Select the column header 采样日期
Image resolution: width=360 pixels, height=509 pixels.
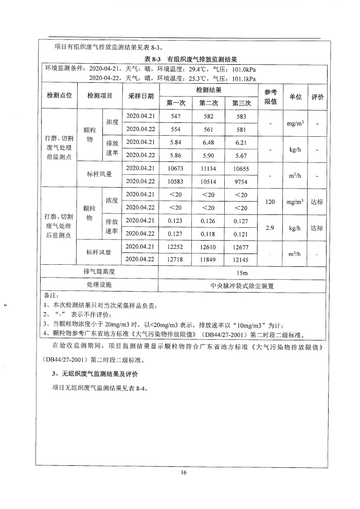pyautogui.click(x=140, y=96)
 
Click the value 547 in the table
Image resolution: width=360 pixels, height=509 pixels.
pyautogui.click(x=175, y=117)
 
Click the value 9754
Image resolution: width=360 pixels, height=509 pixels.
pyautogui.click(x=241, y=181)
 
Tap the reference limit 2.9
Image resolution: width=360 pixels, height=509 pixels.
pyautogui.click(x=271, y=227)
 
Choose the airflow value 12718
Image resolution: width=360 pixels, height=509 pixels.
pyautogui.click(x=175, y=259)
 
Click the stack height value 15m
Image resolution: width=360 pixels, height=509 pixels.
pyautogui.click(x=241, y=272)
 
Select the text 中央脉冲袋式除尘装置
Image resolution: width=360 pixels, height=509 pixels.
pyautogui.click(x=241, y=285)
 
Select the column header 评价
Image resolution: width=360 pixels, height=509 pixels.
pyautogui.click(x=318, y=96)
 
